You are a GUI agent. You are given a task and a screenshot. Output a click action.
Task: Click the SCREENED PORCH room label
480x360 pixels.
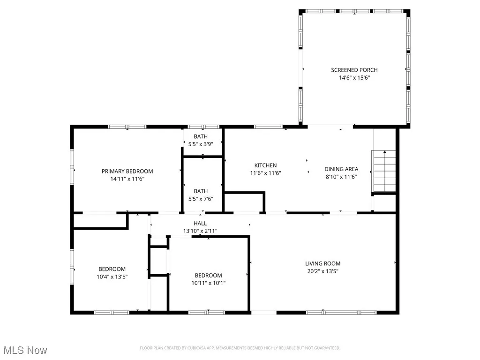[x=354, y=70]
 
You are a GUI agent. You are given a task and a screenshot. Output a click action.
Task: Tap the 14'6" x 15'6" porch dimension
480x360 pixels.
[x=354, y=78]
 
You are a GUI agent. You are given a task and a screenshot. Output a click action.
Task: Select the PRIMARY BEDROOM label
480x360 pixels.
[x=127, y=171]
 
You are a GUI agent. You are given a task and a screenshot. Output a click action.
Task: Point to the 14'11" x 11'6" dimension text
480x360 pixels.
[x=127, y=179]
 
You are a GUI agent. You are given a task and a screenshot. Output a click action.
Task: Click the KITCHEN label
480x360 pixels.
[x=265, y=165]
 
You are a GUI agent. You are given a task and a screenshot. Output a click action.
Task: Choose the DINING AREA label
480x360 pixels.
[x=341, y=169]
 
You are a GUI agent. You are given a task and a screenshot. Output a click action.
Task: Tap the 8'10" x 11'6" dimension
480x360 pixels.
[x=341, y=176]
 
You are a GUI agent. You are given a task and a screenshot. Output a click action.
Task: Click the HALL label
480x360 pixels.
[x=200, y=223]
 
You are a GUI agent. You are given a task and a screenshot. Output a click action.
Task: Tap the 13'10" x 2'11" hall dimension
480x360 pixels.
[x=200, y=231]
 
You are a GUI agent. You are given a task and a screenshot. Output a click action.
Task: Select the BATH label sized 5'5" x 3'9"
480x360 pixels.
[x=201, y=136]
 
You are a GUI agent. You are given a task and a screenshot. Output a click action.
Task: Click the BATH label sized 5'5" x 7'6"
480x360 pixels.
[x=201, y=191]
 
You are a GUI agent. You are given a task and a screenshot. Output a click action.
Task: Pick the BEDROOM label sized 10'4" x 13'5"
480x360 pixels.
[x=112, y=269]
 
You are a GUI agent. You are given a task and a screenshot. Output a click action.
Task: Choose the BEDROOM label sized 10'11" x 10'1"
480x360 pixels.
[x=208, y=275]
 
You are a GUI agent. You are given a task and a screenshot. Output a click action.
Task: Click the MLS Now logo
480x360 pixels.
[x=25, y=350]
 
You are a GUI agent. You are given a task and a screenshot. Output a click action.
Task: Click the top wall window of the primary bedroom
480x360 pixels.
[x=127, y=127]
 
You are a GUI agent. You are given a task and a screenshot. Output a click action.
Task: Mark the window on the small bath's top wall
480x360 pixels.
[x=203, y=127]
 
